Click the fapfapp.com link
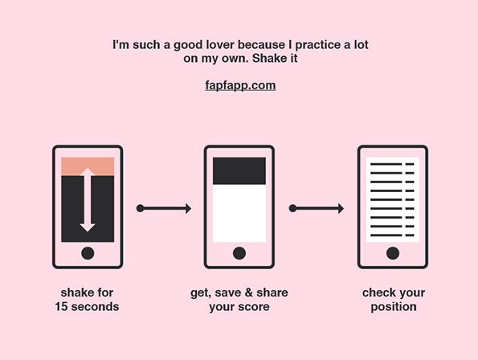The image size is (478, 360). pyautogui.click(x=240, y=85)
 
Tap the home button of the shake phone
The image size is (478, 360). pyautogui.click(x=88, y=253)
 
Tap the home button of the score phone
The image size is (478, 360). pyautogui.click(x=239, y=253)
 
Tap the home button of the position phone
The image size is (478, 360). pyautogui.click(x=393, y=253)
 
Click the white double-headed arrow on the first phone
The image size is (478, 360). pyautogui.click(x=88, y=200)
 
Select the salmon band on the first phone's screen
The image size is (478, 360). pyautogui.click(x=88, y=166)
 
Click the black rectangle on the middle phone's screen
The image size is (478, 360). pyautogui.click(x=239, y=170)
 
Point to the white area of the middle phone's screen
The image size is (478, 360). pyautogui.click(x=239, y=214)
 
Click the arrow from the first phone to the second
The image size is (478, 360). pyautogui.click(x=164, y=208)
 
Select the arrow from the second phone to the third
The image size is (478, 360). pyautogui.click(x=317, y=208)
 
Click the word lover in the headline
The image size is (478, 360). pyautogui.click(x=220, y=45)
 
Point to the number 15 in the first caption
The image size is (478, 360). pyautogui.click(x=61, y=307)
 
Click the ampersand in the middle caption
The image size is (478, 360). pyautogui.click(x=249, y=292)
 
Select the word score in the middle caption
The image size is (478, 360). pyautogui.click(x=254, y=307)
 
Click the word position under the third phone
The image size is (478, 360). pyautogui.click(x=394, y=307)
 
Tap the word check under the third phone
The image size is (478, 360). pyautogui.click(x=378, y=292)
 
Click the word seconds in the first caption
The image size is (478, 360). pyautogui.click(x=95, y=307)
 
